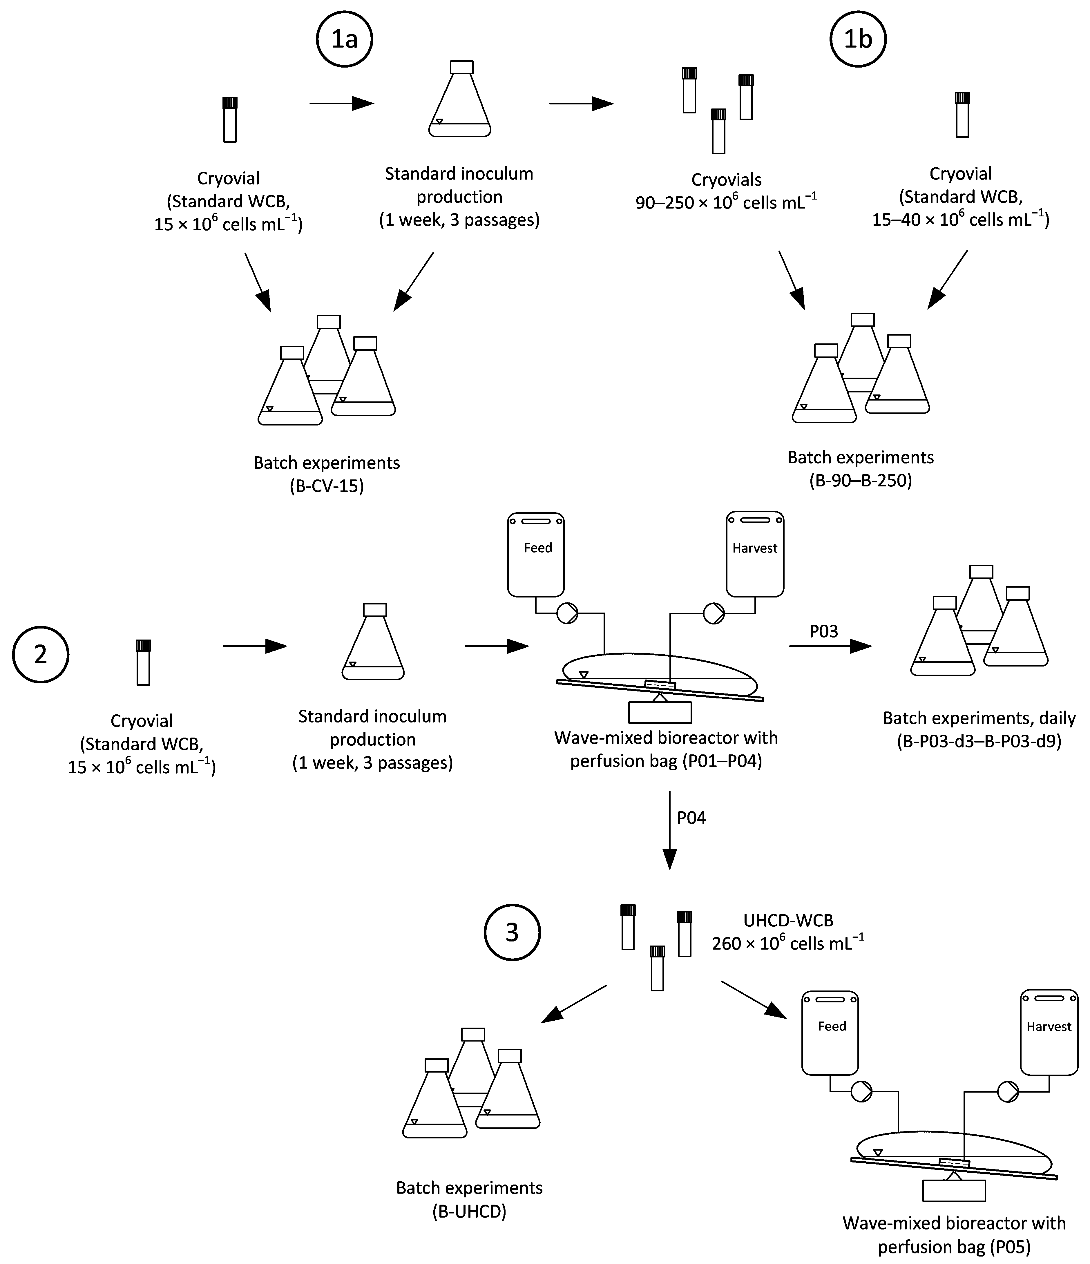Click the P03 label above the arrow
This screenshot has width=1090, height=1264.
(823, 631)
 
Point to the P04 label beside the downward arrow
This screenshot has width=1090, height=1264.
(691, 817)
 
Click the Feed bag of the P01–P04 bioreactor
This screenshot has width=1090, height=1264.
(536, 554)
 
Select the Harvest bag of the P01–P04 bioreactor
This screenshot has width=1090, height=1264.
(754, 554)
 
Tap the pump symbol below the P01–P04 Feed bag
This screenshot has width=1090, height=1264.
(567, 613)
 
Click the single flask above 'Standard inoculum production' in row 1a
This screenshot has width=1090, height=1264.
(460, 101)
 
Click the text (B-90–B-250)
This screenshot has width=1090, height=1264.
(860, 481)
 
